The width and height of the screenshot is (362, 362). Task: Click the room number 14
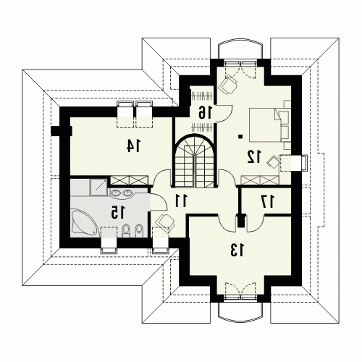pos(133,146)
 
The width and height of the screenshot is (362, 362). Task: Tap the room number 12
pos(254,156)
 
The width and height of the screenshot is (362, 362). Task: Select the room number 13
pos(237,250)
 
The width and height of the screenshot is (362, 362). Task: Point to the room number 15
pos(117,212)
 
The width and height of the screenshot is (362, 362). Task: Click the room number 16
pos(205,112)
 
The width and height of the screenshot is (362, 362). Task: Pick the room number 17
pos(268,201)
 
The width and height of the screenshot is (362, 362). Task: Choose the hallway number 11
pos(181,201)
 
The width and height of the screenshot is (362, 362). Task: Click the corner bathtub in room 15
pos(85,224)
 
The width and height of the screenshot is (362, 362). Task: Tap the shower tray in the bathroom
pos(98,187)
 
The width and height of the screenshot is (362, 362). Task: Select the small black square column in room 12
pos(240,137)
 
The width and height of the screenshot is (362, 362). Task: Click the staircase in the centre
pos(194,161)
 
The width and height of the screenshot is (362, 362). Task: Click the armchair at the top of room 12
pos(227,85)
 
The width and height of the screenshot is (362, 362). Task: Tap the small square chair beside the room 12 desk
pos(273,162)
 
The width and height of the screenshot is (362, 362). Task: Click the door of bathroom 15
pos(158,201)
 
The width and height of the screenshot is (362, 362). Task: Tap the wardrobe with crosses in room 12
pos(260,180)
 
